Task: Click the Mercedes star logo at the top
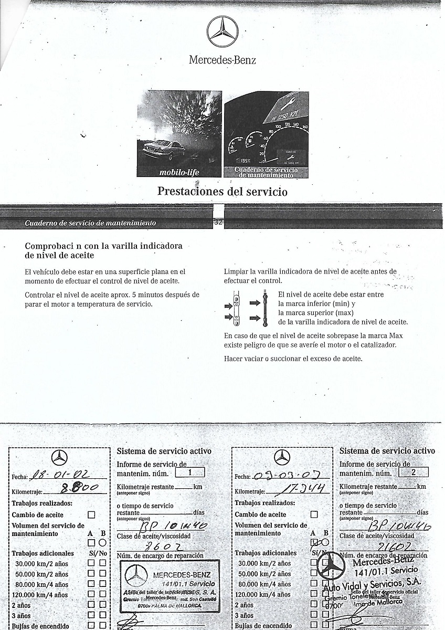(222, 31)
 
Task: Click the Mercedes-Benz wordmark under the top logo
(222, 60)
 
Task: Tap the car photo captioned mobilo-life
(180, 134)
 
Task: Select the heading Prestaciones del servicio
(222, 191)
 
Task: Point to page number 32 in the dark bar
(218, 223)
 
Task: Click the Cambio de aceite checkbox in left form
(91, 515)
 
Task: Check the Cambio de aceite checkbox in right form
(314, 515)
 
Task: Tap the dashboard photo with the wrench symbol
(267, 134)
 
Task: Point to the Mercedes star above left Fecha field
(59, 458)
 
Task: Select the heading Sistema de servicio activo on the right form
(387, 451)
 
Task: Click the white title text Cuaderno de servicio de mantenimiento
(90, 223)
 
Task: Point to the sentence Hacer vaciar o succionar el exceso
(293, 359)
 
